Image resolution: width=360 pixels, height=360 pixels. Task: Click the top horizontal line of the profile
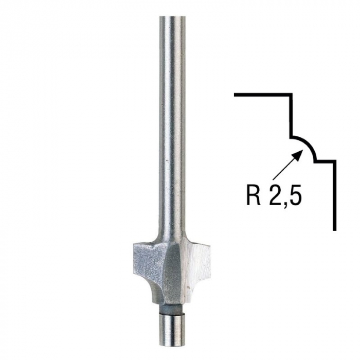coord(262,95)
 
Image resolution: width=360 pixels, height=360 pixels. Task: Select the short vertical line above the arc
coord(292,116)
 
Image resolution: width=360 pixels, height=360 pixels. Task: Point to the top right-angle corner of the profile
coord(292,95)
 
